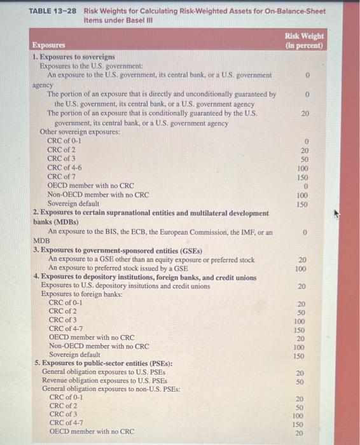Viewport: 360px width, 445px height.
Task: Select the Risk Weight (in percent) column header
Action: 304,41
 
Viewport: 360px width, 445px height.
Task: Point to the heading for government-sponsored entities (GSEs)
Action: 118,250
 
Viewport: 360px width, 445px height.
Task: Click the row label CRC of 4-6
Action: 64,168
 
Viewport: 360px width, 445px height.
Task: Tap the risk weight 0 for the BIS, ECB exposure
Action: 305,233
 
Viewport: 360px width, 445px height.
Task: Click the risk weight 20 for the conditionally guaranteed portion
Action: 305,114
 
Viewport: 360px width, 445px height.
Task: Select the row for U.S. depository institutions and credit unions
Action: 125,286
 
